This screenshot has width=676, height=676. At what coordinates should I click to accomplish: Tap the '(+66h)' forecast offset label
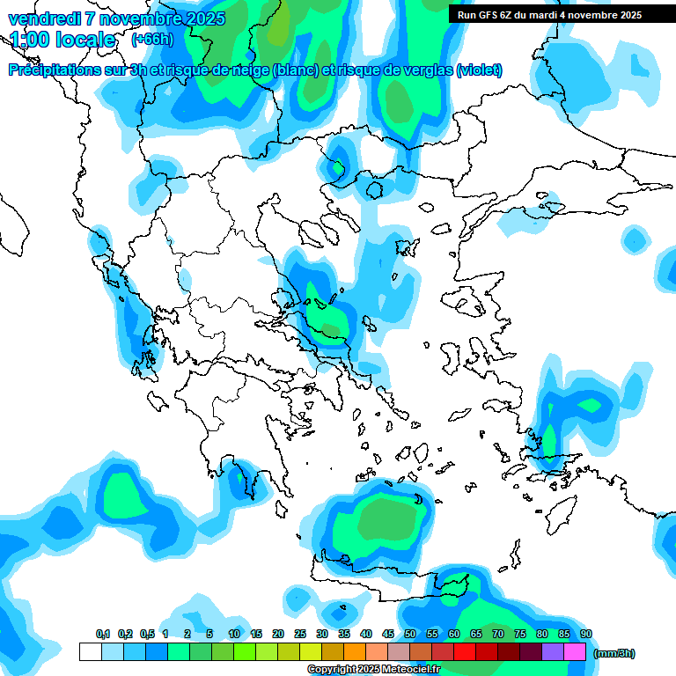(152, 40)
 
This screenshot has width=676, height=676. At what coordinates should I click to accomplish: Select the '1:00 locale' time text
(62, 40)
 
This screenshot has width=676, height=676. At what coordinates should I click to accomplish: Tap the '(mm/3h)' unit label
(614, 653)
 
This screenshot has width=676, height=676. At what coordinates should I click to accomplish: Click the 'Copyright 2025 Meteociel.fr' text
(373, 670)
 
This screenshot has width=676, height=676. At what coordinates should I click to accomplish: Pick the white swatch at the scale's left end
(90, 652)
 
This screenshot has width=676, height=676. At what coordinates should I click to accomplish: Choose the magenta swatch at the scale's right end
(576, 652)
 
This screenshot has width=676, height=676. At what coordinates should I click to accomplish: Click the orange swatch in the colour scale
(355, 652)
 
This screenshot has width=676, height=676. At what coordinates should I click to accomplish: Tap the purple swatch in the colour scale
(553, 652)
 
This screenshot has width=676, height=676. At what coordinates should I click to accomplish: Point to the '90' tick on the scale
(586, 634)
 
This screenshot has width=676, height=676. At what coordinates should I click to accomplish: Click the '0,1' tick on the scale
(103, 634)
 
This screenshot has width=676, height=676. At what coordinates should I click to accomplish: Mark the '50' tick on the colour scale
(410, 634)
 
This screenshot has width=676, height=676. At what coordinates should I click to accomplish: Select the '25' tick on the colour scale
(300, 634)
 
